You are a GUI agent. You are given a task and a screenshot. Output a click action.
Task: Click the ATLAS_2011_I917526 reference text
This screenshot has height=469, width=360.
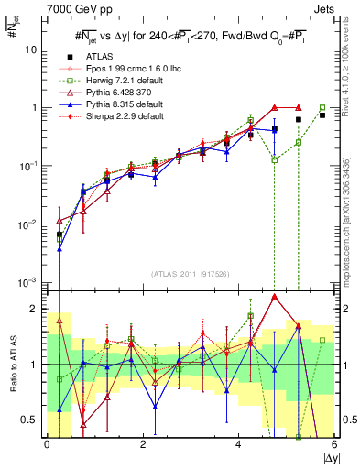coord(190,274)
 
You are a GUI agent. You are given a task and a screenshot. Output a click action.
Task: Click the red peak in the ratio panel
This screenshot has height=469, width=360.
coord(274,297)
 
